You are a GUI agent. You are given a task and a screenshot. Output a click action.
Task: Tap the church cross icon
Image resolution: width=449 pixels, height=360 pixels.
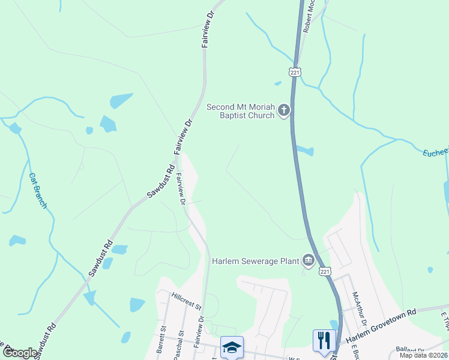click(284, 110)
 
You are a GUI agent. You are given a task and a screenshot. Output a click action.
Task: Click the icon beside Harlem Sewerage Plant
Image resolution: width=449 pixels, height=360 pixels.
click(308, 260)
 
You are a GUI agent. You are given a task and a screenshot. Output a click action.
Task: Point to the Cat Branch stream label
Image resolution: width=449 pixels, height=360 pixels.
click(37, 191)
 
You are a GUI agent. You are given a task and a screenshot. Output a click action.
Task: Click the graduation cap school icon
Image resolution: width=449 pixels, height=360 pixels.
click(232, 347)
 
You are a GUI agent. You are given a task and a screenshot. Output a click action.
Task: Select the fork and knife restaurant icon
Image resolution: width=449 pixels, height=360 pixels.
click(324, 340)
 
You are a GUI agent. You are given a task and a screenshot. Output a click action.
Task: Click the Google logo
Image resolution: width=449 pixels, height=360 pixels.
click(19, 353)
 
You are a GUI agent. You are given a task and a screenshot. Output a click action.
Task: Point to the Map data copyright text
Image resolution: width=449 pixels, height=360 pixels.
click(424, 355)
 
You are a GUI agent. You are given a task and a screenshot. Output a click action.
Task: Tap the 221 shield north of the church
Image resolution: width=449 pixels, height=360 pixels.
click(295, 72)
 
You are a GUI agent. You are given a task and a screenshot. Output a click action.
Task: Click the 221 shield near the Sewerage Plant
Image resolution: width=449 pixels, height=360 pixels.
click(324, 271)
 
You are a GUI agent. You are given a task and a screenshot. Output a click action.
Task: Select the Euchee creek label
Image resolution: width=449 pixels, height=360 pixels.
click(435, 152)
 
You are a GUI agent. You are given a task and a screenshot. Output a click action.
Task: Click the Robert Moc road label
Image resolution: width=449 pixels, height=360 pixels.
click(310, 15)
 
